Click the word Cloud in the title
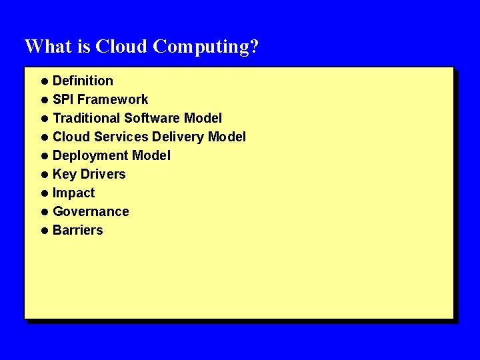pos(121,47)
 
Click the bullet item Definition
pos(83,81)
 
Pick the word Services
pos(125,137)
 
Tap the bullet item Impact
pos(73,193)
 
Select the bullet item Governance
pos(91,211)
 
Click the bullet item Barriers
pos(77,230)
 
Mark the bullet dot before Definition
pos(44,81)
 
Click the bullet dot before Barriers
pos(44,231)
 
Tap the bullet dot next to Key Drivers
pos(44,175)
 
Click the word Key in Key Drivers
pos(65,174)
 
